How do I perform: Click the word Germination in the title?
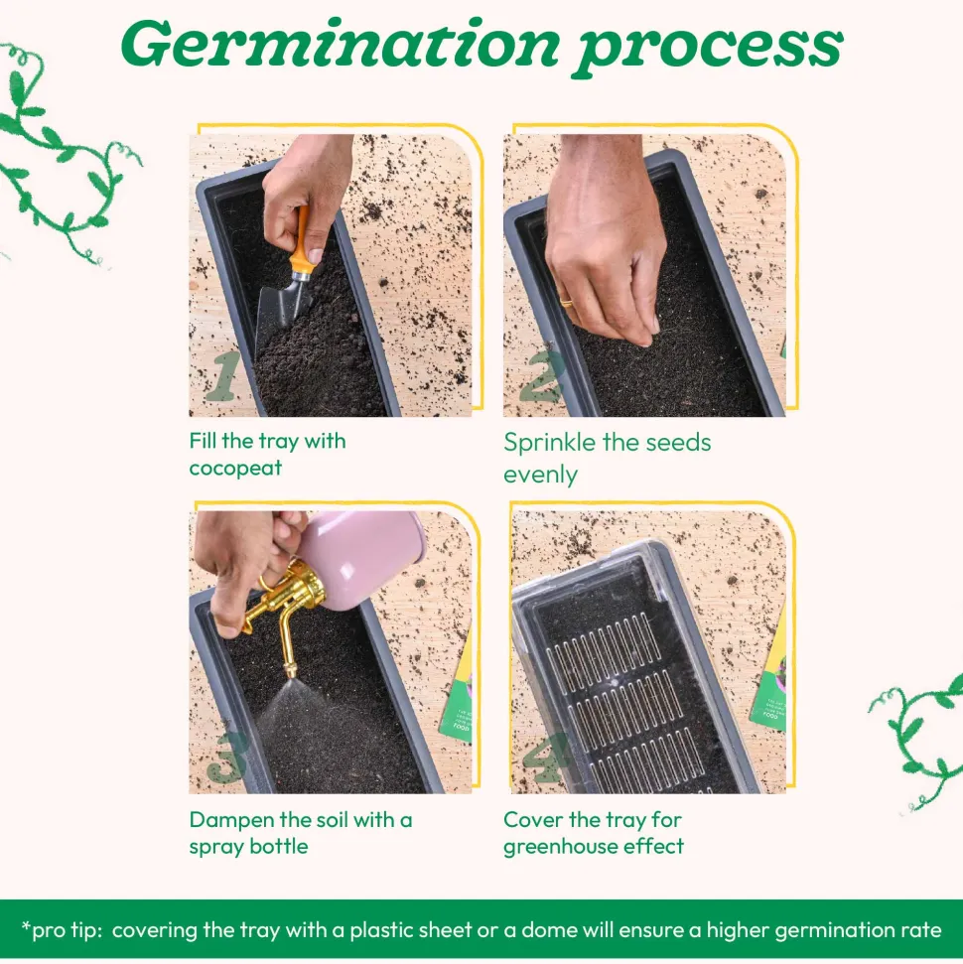(341, 45)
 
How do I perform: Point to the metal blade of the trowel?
(280, 314)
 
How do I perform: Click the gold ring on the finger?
(566, 303)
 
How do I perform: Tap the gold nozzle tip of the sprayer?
(289, 670)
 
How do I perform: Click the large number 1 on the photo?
(223, 375)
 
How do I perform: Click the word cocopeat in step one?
(235, 469)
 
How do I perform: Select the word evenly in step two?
(540, 476)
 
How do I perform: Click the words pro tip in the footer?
(62, 930)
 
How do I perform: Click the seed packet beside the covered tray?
(768, 671)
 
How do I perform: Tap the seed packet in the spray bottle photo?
(457, 689)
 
